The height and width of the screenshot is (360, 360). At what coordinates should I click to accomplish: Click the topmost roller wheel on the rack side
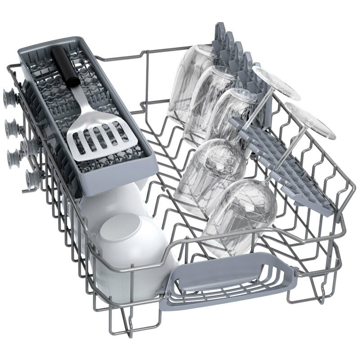coord(9,96)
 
